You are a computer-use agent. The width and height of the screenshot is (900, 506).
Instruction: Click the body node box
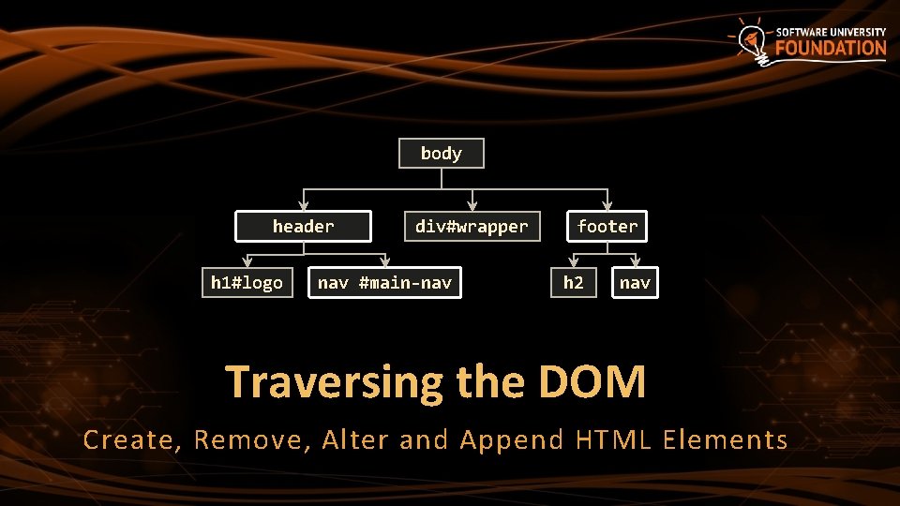[442, 154]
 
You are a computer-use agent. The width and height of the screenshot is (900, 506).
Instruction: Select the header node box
[303, 226]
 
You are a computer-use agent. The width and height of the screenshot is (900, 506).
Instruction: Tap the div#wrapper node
[472, 226]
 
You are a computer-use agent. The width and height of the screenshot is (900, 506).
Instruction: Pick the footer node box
[607, 226]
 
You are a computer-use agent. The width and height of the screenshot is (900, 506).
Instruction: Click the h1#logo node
[247, 282]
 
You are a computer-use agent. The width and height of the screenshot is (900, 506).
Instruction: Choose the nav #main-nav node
[385, 282]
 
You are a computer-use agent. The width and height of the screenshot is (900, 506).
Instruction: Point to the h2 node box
[573, 282]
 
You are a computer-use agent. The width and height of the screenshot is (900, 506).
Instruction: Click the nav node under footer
[635, 282]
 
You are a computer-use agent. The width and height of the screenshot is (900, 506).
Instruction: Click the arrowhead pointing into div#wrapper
[472, 204]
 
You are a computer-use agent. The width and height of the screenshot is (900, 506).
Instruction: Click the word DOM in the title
[592, 382]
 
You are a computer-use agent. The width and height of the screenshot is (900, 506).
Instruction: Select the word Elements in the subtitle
[725, 439]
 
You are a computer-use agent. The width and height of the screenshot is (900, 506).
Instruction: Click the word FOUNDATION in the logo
[831, 49]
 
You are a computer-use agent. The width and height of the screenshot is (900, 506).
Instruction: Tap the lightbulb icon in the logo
[753, 39]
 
